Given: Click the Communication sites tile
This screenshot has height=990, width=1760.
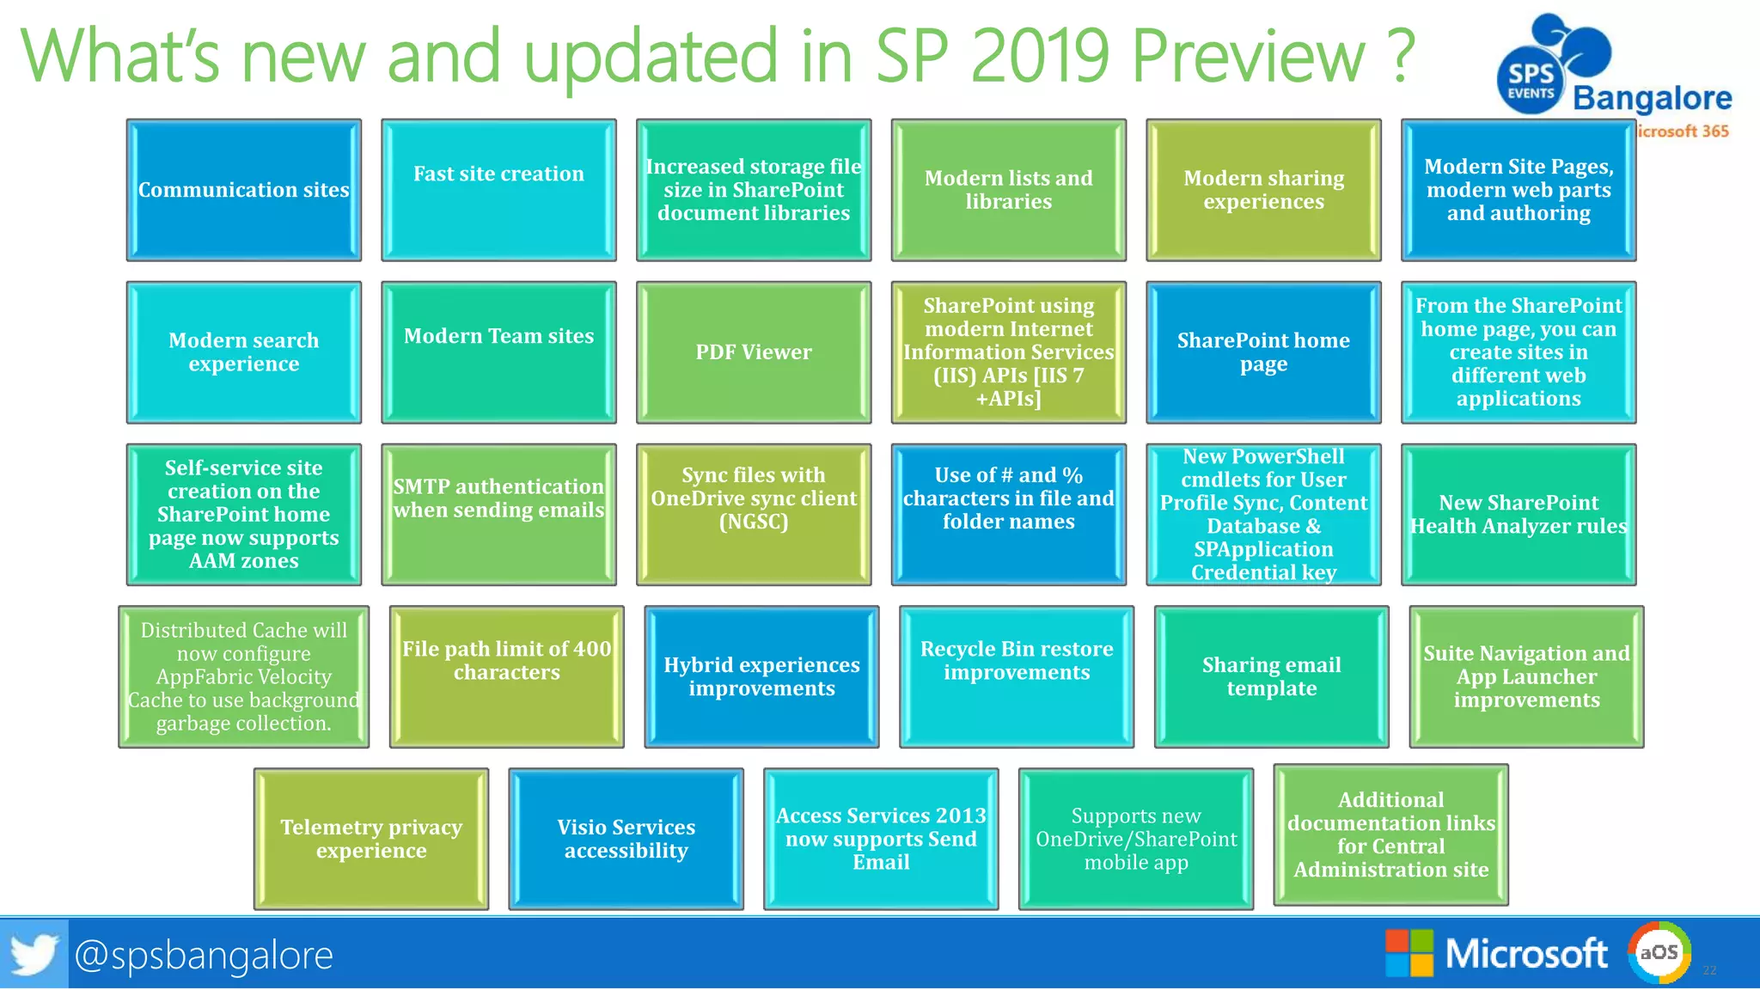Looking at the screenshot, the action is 243,190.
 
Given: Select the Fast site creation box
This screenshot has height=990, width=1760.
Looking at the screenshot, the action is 498,190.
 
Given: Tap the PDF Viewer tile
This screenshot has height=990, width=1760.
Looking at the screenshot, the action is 754,352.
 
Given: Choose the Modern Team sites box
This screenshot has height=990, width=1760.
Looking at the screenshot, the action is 498,352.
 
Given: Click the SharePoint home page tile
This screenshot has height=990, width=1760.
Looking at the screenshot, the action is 1263,352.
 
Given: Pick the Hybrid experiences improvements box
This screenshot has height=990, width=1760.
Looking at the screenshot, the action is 761,676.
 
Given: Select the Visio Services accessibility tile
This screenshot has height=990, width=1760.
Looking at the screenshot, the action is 626,839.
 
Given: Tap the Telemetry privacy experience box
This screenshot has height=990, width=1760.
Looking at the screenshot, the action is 371,839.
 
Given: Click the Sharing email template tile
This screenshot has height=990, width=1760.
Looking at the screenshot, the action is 1271,676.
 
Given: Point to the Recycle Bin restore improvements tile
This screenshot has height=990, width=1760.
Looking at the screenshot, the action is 1017,676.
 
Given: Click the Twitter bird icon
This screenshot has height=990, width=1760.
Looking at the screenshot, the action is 34,954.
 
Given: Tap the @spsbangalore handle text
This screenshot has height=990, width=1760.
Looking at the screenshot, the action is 204,955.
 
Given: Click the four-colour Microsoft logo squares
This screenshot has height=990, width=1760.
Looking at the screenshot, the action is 1409,953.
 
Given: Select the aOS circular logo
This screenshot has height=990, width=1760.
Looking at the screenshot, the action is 1659,952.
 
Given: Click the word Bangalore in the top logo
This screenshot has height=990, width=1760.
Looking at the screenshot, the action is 1652,98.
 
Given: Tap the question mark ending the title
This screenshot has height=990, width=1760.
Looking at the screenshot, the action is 1400,56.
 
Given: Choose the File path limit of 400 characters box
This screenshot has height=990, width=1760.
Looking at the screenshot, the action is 507,676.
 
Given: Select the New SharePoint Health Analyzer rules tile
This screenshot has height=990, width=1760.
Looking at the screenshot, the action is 1519,515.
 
